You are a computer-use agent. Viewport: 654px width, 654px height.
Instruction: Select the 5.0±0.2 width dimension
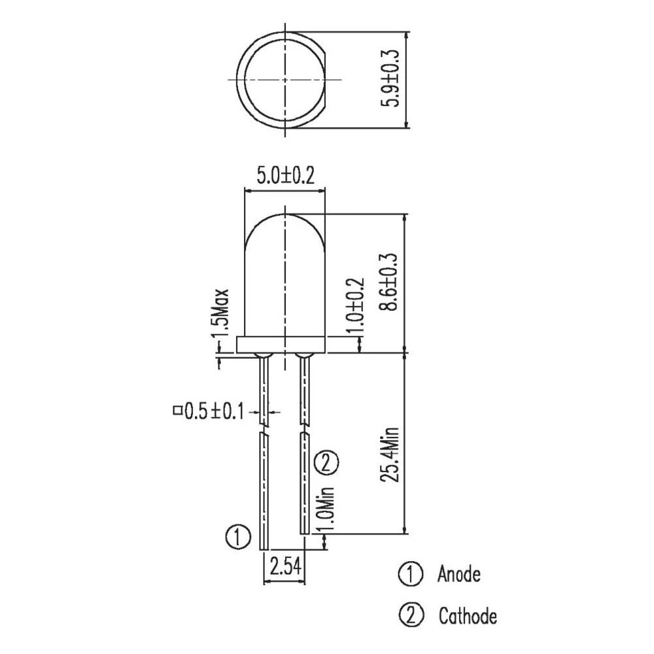click(x=285, y=176)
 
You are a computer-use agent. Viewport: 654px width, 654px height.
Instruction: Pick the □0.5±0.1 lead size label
click(x=207, y=411)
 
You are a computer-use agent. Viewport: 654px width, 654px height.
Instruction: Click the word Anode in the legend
click(x=458, y=575)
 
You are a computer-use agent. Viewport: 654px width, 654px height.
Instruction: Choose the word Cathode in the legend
click(x=467, y=616)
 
